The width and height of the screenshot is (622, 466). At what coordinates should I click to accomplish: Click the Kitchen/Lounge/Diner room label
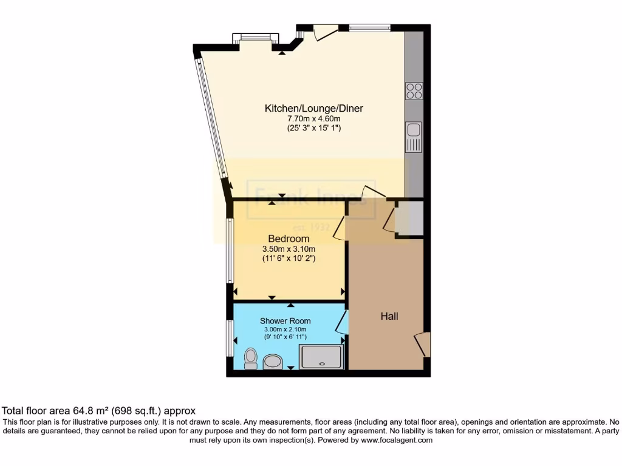click(313, 109)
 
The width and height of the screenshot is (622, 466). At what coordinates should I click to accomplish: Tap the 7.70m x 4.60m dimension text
click(313, 119)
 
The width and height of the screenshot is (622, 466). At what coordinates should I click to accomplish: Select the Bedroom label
click(289, 239)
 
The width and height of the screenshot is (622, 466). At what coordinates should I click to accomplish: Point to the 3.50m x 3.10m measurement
click(289, 249)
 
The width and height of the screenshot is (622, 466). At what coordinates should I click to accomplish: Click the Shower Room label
click(285, 321)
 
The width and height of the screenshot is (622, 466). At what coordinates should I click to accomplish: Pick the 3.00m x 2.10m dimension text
click(285, 329)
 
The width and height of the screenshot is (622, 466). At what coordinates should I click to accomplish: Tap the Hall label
click(389, 316)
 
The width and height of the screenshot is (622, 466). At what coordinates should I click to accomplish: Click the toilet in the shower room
click(250, 359)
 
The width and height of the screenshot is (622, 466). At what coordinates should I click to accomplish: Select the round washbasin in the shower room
click(273, 362)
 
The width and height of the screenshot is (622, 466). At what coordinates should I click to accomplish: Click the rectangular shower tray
click(323, 356)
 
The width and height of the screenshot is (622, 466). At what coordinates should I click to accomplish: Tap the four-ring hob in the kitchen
click(414, 91)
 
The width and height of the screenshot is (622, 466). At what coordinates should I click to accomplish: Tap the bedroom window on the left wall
click(230, 251)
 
